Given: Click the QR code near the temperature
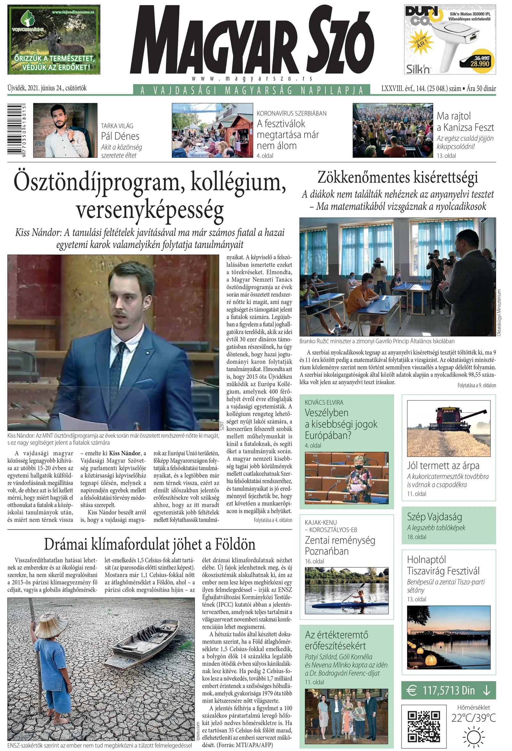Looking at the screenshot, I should (424, 726).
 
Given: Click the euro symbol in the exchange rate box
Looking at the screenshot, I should (411, 691).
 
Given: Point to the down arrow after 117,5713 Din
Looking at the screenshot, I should (486, 691).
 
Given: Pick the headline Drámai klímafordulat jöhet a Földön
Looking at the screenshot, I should (149, 545).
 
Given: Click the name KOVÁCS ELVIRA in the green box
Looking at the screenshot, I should (324, 402).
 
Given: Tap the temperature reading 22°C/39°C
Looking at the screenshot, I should (473, 718).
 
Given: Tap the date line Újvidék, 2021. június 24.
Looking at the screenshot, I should (47, 88).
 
